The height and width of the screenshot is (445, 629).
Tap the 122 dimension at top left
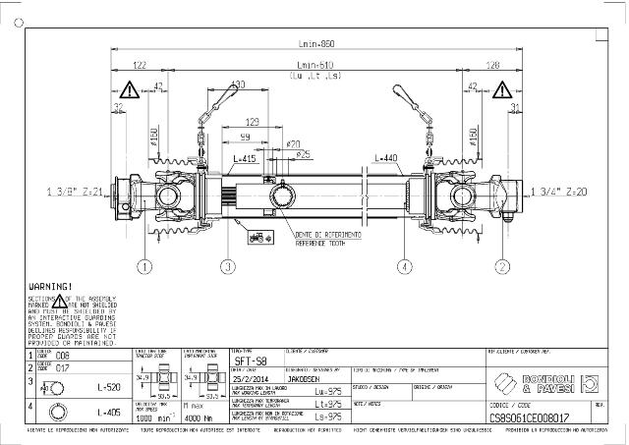point(140,65)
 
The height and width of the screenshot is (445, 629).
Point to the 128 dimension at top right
point(493,65)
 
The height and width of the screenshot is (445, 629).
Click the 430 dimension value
point(237,85)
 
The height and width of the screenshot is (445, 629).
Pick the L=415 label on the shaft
point(246,158)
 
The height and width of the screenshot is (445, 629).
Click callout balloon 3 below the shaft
point(227,265)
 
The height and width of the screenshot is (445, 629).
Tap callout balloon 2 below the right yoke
point(502,265)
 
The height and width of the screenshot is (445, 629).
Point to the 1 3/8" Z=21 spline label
point(75,192)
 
